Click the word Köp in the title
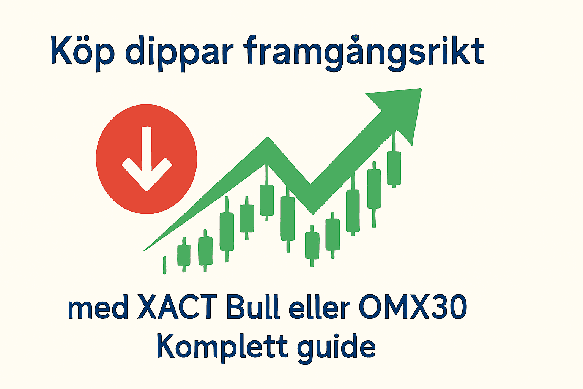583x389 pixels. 82,51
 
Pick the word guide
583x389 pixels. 336,346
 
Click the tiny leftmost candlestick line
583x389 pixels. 164,265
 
